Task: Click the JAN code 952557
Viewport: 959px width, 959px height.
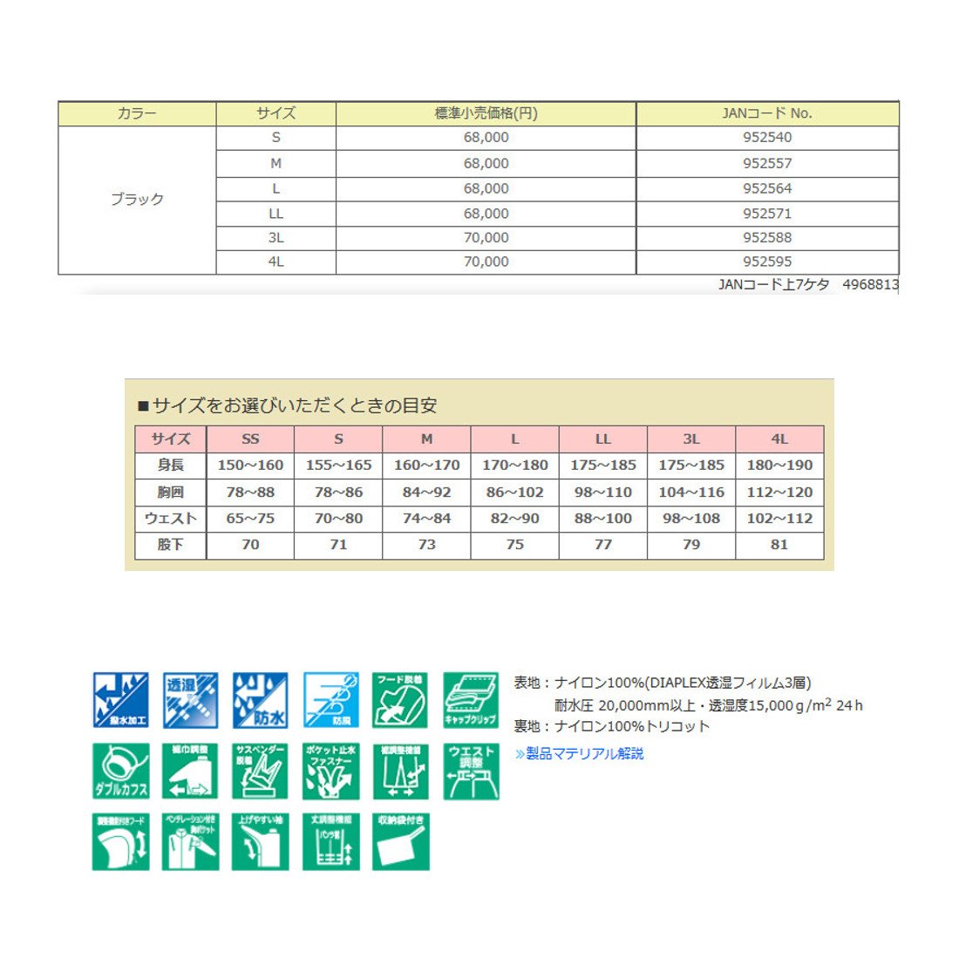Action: click(x=767, y=163)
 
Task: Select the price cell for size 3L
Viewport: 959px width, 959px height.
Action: click(x=486, y=237)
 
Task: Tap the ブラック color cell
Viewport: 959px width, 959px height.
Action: click(x=137, y=200)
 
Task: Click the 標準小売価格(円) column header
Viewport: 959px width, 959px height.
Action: click(x=486, y=113)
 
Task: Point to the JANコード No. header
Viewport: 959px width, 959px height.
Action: click(x=767, y=113)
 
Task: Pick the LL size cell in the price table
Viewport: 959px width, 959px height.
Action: click(x=275, y=214)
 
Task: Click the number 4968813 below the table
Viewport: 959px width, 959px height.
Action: click(x=870, y=284)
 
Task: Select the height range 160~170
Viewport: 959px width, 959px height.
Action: click(x=426, y=466)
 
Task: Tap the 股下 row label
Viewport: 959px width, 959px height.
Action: click(x=170, y=545)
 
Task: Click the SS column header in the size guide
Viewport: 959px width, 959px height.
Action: click(x=250, y=439)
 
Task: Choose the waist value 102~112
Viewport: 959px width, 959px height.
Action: click(x=779, y=519)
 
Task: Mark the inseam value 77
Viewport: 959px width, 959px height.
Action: click(x=603, y=545)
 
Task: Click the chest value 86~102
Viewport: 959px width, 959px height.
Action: click(x=514, y=493)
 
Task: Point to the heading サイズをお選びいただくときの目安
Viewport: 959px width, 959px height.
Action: click(x=294, y=405)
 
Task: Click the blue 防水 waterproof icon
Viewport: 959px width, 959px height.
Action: click(x=260, y=699)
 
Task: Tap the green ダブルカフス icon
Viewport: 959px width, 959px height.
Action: click(x=120, y=771)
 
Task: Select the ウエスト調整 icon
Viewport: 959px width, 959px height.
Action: click(x=471, y=771)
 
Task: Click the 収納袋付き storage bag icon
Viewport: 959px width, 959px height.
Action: click(x=401, y=841)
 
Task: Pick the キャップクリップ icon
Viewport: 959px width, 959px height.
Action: click(x=471, y=699)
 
